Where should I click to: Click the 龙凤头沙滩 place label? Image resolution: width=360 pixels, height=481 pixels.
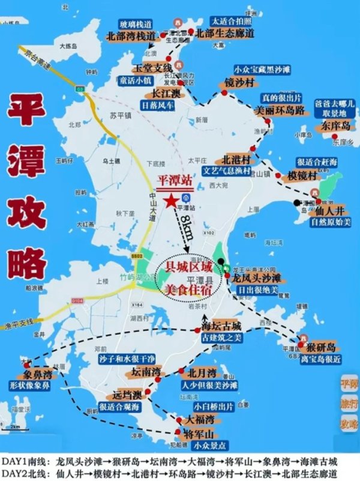257,279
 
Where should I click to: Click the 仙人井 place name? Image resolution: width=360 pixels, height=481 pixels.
328,211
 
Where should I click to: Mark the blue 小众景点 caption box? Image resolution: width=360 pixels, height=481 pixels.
194,446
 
